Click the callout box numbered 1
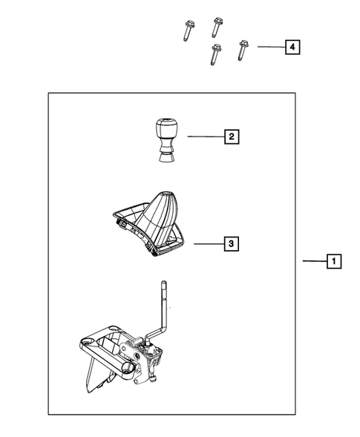pyautogui.click(x=335, y=261)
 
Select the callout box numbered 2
pyautogui.click(x=232, y=137)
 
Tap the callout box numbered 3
pyautogui.click(x=232, y=243)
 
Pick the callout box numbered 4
pyautogui.click(x=292, y=47)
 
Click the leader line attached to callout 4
pyautogui.click(x=269, y=47)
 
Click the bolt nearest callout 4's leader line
pyautogui.click(x=242, y=50)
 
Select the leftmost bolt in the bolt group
pyautogui.click(x=185, y=31)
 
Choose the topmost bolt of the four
pyautogui.click(x=217, y=26)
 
